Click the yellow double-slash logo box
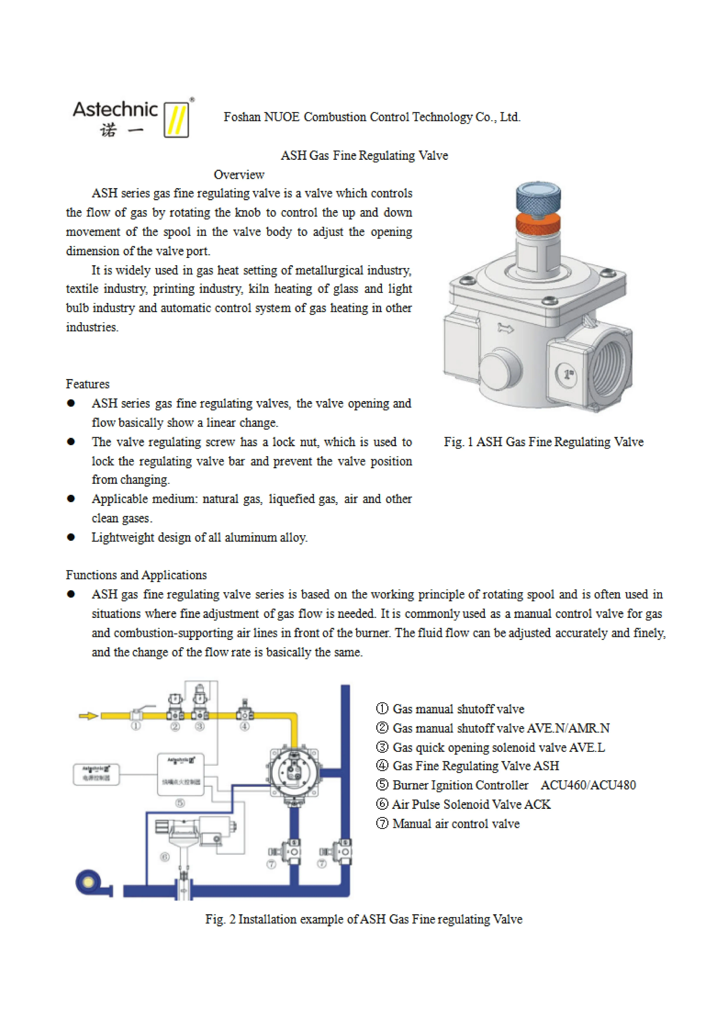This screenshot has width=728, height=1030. coord(176,119)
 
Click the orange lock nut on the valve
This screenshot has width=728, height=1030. coord(538,223)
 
